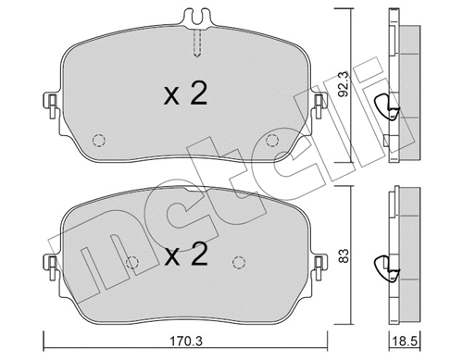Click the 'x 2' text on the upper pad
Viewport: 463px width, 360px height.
coord(185,94)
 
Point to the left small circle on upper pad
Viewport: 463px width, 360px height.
coord(98,140)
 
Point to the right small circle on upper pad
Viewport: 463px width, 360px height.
coord(271,140)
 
